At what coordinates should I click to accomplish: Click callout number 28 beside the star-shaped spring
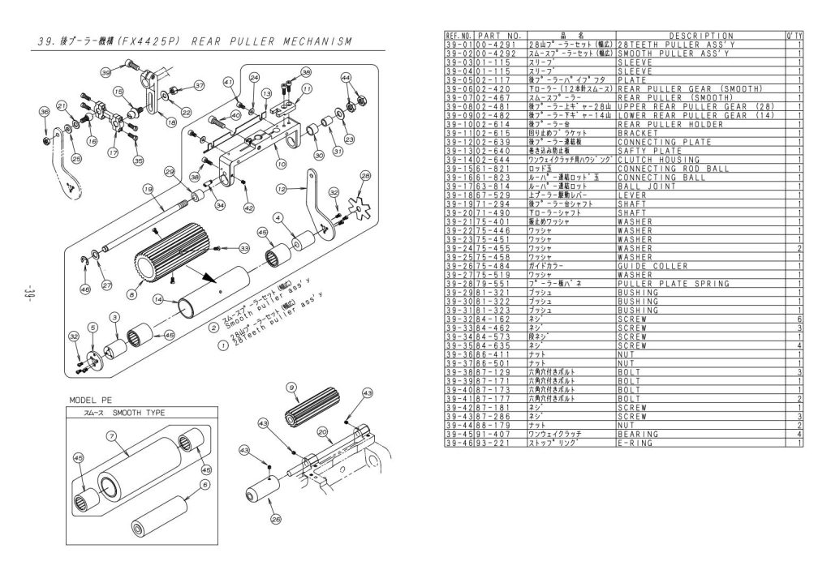(364, 174)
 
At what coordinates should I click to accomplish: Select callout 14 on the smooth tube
(159, 299)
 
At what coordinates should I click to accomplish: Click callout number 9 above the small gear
(291, 388)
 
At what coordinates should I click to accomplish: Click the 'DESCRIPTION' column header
(701, 36)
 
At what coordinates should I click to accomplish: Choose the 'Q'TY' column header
(794, 36)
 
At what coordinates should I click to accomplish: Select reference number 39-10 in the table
(459, 125)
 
